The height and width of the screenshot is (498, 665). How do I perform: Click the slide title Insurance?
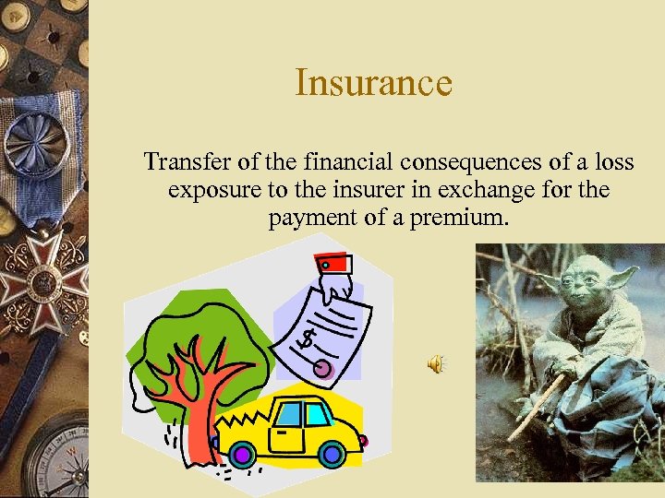(373, 83)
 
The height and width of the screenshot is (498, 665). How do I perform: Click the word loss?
(613, 162)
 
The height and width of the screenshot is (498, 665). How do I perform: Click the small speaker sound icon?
(434, 365)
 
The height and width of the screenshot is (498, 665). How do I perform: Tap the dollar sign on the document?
(308, 338)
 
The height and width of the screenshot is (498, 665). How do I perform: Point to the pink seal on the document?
(322, 370)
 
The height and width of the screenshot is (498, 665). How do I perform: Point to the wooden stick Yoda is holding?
(537, 405)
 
